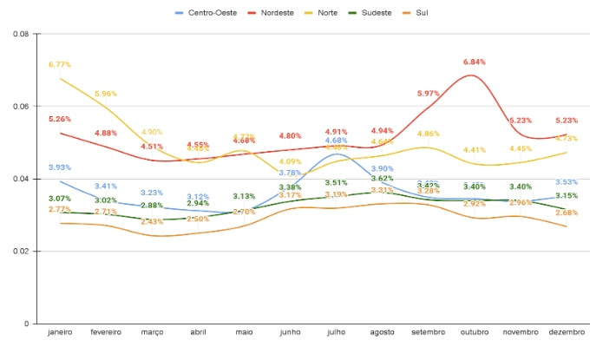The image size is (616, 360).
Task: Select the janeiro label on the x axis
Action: tap(60, 333)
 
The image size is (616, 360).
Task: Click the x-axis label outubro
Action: tap(475, 333)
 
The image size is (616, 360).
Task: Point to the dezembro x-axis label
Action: tap(567, 333)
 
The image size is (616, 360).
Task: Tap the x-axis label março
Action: tap(152, 333)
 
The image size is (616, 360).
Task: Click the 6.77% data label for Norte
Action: tap(60, 64)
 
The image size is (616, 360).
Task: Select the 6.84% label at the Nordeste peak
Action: tap(475, 62)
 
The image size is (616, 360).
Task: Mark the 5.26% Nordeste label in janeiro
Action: tap(60, 119)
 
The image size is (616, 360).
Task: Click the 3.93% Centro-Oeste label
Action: tap(60, 167)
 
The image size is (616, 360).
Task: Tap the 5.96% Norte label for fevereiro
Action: tap(106, 94)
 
